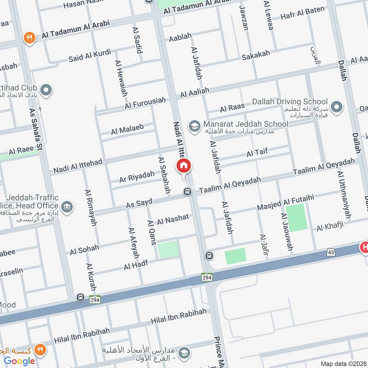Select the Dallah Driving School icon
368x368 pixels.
[x=337, y=106]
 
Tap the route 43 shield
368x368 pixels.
[x=331, y=252]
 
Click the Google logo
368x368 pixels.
[x=20, y=361]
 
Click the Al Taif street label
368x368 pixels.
[x=257, y=151]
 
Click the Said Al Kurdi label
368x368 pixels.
[x=90, y=56]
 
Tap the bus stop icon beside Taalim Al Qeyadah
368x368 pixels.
[x=187, y=191]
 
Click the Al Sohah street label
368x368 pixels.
[x=84, y=249]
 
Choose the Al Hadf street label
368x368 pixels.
[x=135, y=265]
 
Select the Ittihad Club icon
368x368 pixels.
[x=46, y=90]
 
